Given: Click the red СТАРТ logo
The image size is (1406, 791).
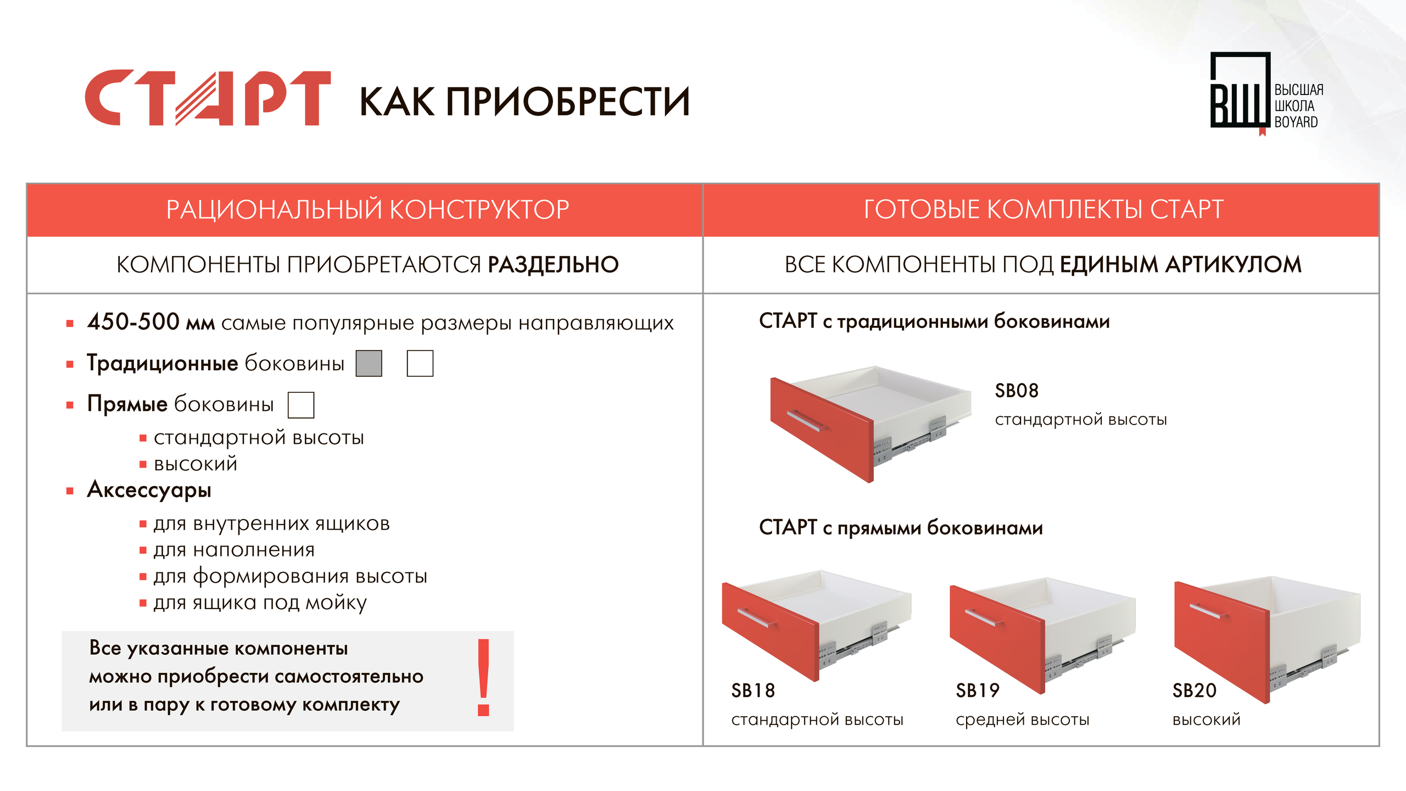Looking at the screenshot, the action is click(x=208, y=98).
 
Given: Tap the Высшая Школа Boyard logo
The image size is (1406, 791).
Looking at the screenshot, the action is click(x=1266, y=93).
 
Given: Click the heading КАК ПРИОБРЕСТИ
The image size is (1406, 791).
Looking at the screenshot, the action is click(x=525, y=102).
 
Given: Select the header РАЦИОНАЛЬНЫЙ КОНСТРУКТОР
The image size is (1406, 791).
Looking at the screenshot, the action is click(x=367, y=209).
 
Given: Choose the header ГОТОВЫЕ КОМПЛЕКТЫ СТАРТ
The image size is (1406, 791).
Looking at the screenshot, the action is click(x=1044, y=209).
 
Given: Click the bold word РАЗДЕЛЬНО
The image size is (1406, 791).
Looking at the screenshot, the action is click(x=553, y=265).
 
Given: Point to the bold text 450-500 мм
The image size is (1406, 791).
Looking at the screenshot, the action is click(x=151, y=322).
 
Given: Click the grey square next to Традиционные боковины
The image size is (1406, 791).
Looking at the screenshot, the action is click(x=369, y=363).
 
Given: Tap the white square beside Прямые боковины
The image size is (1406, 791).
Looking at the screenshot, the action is click(x=301, y=405).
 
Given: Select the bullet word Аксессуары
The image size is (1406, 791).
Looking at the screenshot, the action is click(x=149, y=490).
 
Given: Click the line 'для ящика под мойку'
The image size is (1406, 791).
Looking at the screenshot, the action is click(x=260, y=603).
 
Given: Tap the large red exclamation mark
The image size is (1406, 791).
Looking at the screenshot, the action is click(x=483, y=677).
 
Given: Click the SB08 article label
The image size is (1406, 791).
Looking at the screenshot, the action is click(x=1017, y=391).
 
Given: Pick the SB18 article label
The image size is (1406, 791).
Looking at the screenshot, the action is click(x=753, y=690).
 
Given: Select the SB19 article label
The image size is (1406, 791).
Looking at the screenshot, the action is click(x=978, y=690).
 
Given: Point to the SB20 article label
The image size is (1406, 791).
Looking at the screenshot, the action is click(x=1195, y=690).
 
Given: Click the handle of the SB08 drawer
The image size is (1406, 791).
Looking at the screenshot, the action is click(x=807, y=421).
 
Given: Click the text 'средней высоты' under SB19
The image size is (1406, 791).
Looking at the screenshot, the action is click(x=1023, y=720).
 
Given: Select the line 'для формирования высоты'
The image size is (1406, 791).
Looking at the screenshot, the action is click(x=290, y=577).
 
